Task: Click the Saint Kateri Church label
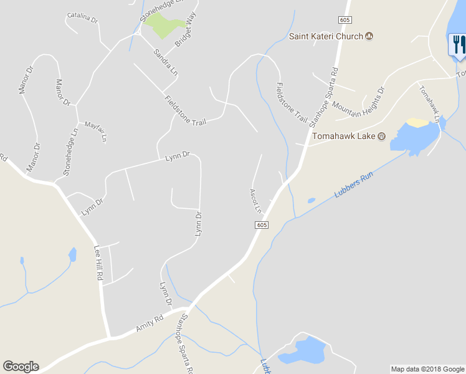325,36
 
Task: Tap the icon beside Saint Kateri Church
369,36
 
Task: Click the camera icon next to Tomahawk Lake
382,137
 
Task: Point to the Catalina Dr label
82,17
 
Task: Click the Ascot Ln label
255,201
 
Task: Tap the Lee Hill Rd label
98,262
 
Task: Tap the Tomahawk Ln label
430,103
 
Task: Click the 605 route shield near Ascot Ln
262,225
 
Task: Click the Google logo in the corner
21,367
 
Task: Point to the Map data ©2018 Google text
427,369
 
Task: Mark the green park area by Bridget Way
164,24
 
